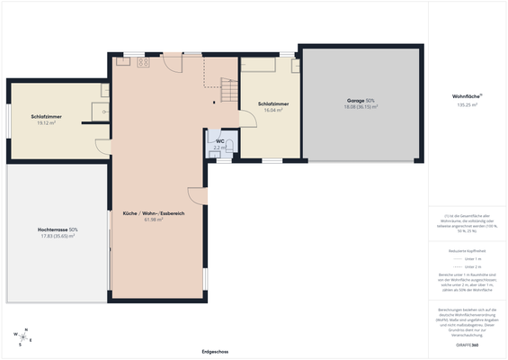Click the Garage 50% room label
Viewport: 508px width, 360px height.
pos(360,100)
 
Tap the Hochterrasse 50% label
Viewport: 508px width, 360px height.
pos(58,229)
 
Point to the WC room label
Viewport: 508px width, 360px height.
pos(219,141)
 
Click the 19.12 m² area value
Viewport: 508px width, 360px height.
pos(46,122)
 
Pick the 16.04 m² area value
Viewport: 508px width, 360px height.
pos(272,110)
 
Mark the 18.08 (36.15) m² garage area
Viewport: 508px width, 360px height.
pos(360,106)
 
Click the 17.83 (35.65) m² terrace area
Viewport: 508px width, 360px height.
pos(58,236)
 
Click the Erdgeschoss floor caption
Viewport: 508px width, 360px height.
pos(215,351)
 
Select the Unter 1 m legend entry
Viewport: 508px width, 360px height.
pos(471,258)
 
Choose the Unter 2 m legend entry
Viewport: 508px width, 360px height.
pos(471,267)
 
